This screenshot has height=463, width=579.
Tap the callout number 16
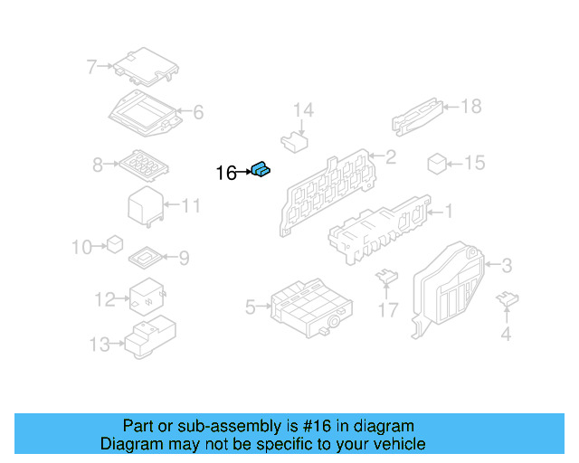[x=226, y=172]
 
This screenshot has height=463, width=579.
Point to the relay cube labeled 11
[x=145, y=206]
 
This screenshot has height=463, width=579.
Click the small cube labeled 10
[x=115, y=244]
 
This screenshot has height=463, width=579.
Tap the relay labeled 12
[x=145, y=297]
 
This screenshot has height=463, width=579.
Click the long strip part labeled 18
[x=418, y=116]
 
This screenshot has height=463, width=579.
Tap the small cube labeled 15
[x=437, y=164]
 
